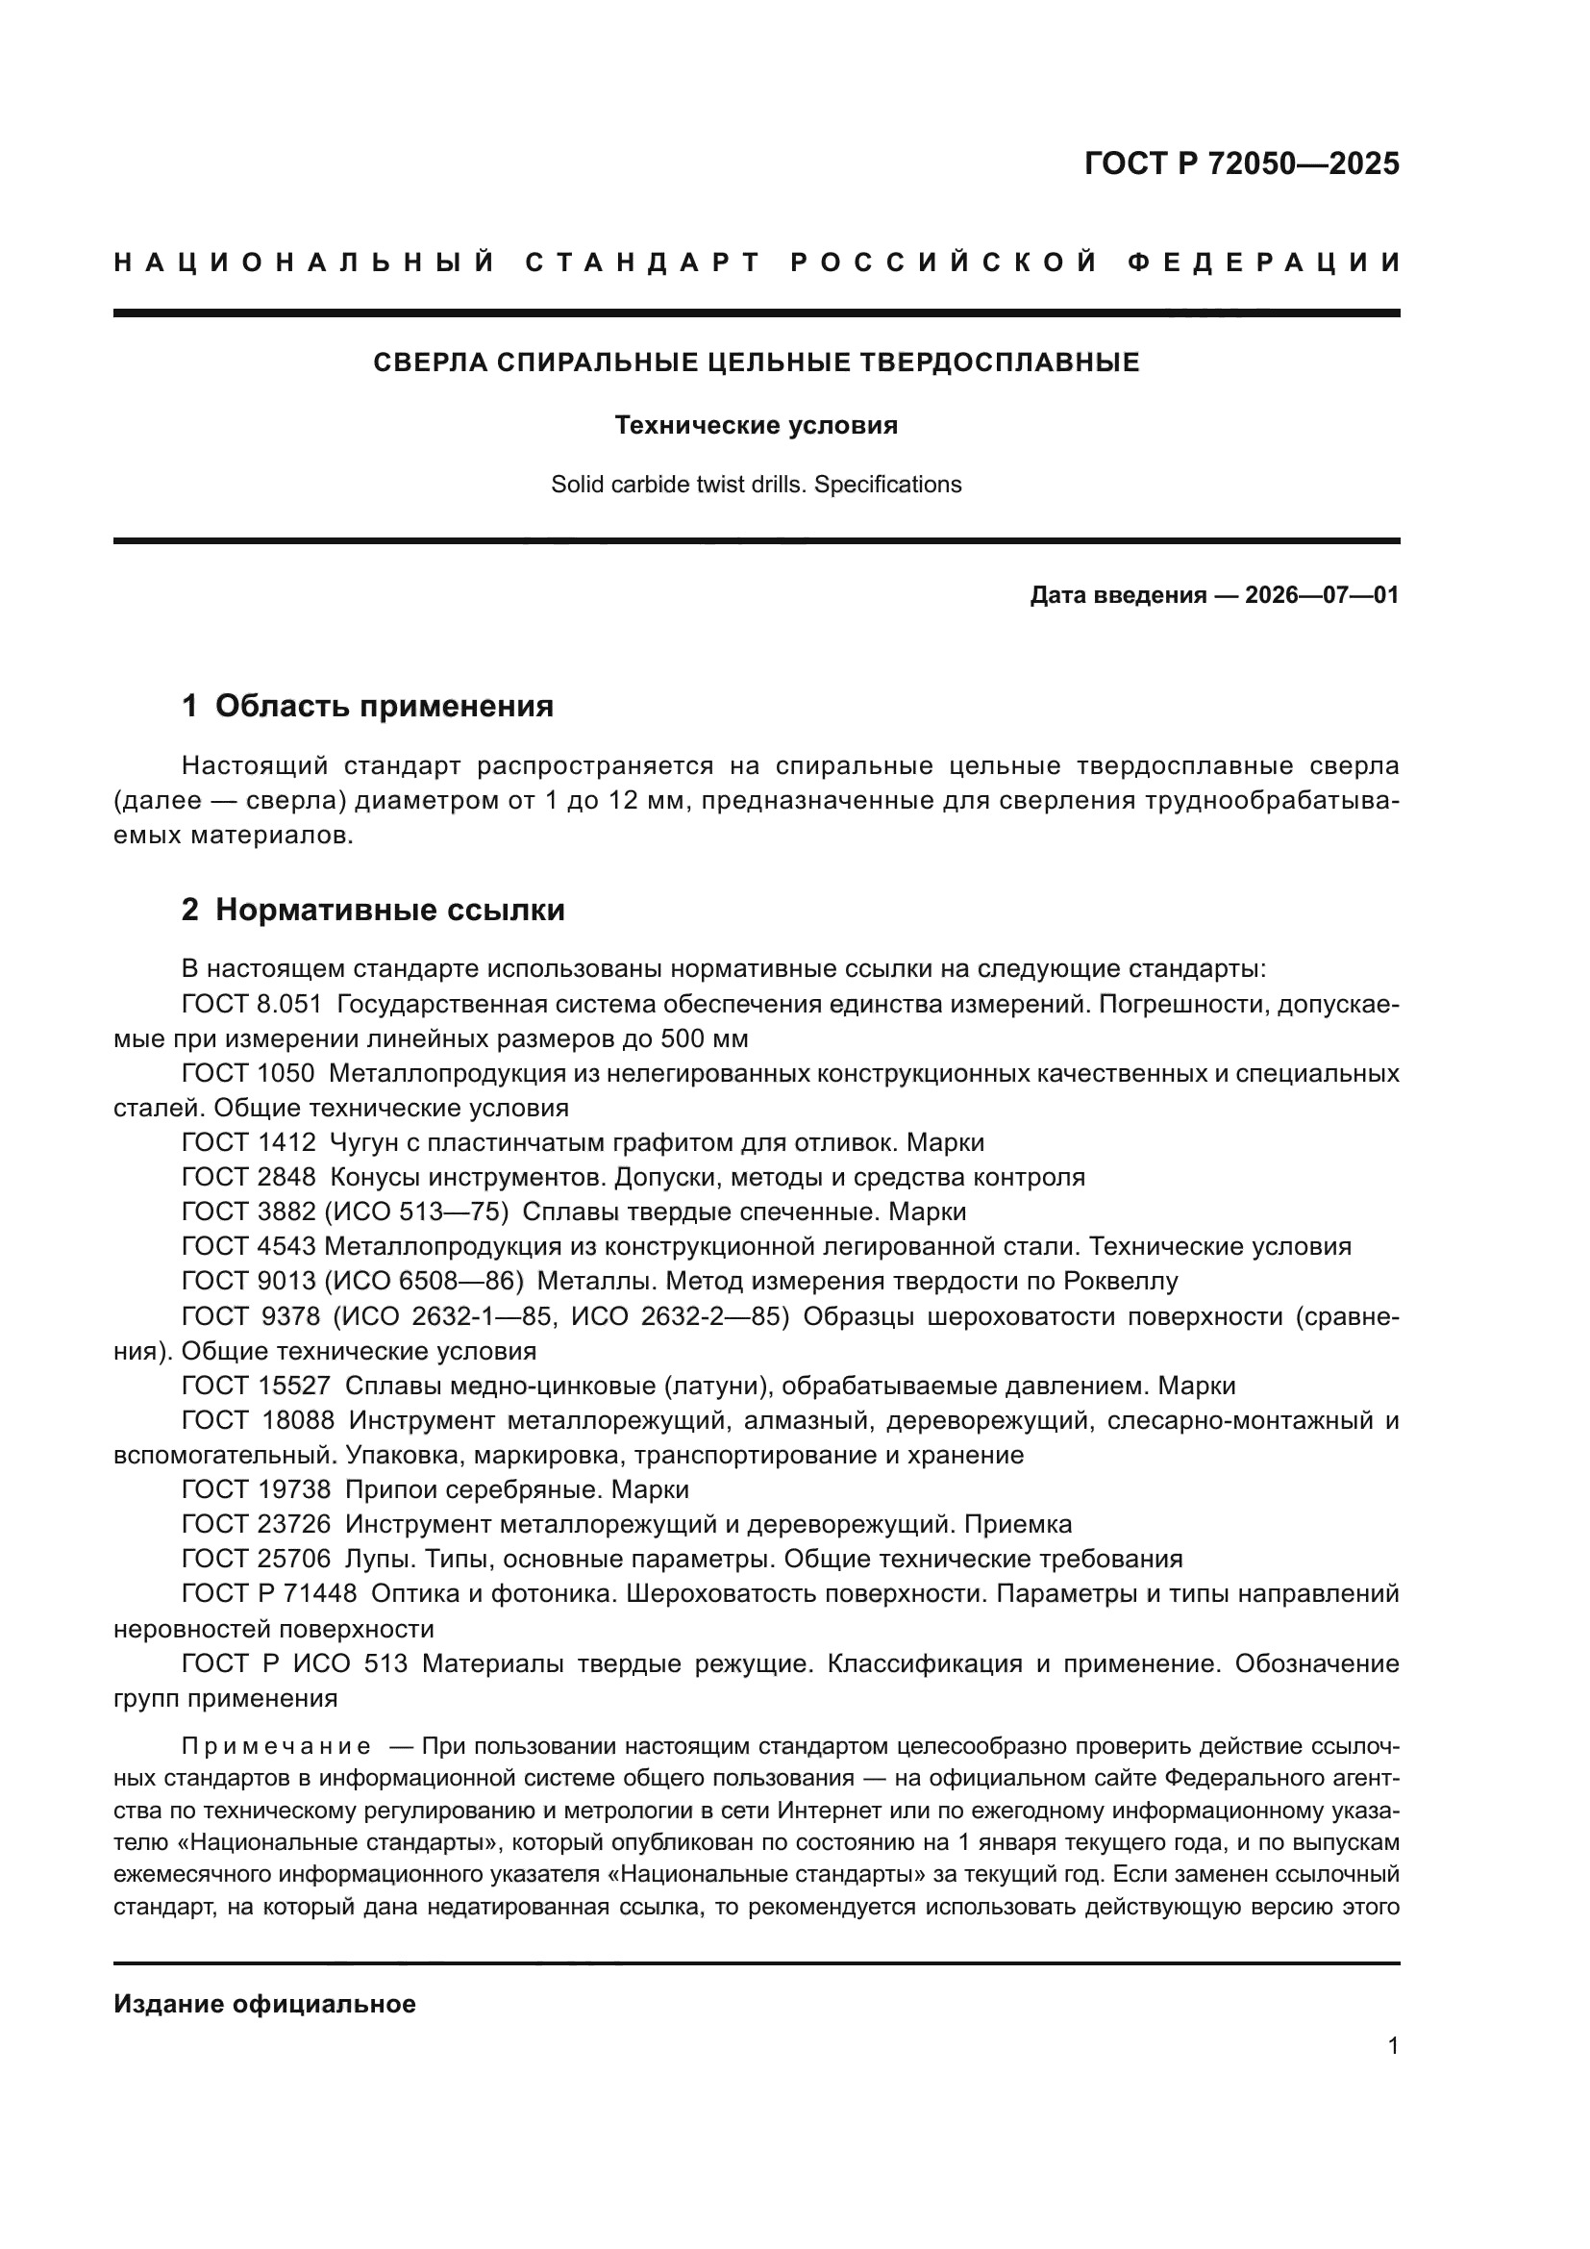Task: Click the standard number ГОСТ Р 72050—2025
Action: pyautogui.click(x=1240, y=163)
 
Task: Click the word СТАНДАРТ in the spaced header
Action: pyautogui.click(x=643, y=262)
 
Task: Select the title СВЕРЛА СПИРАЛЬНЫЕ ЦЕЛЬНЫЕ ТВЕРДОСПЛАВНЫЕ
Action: pyautogui.click(x=756, y=363)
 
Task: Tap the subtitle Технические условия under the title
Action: pyautogui.click(x=756, y=425)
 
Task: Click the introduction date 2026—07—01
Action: pyautogui.click(x=1321, y=594)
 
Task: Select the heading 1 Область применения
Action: pyautogui.click(x=367, y=707)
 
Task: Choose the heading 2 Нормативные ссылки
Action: pyautogui.click(x=373, y=910)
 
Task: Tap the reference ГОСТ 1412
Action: pyautogui.click(x=249, y=1142)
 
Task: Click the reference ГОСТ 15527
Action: pyautogui.click(x=257, y=1385)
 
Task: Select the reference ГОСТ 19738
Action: pyautogui.click(x=257, y=1488)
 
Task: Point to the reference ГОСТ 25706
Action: pyautogui.click(x=257, y=1559)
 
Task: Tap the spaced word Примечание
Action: pyautogui.click(x=276, y=1746)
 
